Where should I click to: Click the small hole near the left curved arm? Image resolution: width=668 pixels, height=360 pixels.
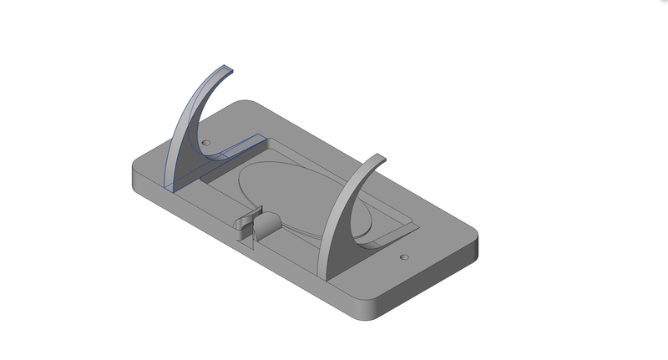pos(205,144)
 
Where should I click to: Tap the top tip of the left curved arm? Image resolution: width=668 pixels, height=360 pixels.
pos(226,68)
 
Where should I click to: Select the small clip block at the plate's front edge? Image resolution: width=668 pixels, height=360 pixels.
pos(246,227)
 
